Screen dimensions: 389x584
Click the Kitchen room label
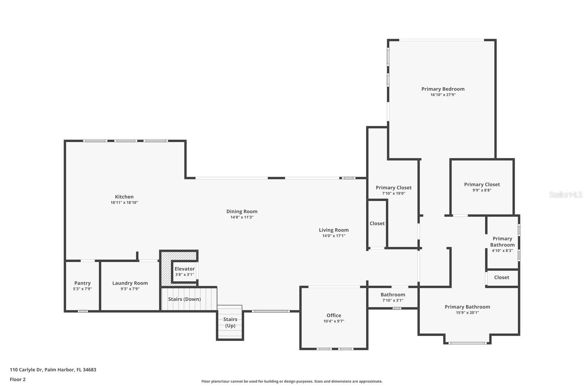[x=124, y=197]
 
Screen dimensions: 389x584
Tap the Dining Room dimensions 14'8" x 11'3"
[x=242, y=217]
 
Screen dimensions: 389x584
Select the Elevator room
[x=184, y=271]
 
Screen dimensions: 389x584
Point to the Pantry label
[x=82, y=283]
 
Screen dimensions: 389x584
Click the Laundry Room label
[x=130, y=283]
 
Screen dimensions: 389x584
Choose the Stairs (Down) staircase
[x=184, y=299]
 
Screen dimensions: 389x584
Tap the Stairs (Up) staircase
[x=230, y=322]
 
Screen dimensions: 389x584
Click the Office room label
[x=334, y=316]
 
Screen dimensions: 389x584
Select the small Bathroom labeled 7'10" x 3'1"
[x=393, y=297]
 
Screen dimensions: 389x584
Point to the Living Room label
[x=334, y=230]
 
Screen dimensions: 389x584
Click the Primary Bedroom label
[x=443, y=89]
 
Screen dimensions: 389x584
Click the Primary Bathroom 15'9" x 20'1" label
[x=467, y=307]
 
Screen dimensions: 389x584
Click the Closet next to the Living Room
[x=377, y=224]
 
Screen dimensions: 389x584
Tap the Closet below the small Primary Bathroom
[x=502, y=278]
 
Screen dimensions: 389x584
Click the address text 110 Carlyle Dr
[x=53, y=370]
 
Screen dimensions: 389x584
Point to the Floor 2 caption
[x=18, y=380]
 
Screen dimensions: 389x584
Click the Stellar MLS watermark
[x=566, y=195]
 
